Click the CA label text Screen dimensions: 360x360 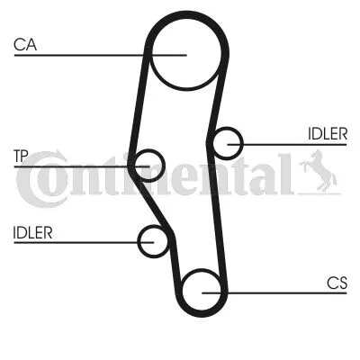click(25, 45)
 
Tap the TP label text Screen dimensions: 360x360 click(21, 157)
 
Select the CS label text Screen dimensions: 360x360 click(337, 283)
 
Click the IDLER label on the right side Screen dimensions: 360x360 click(328, 134)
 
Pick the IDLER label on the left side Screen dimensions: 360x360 click(32, 232)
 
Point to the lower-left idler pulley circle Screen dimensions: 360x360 click(138, 241)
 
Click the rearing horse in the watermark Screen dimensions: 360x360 click(318, 171)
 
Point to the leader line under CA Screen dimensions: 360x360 click(100, 55)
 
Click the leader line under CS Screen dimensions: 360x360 click(274, 292)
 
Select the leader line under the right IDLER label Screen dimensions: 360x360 click(287, 145)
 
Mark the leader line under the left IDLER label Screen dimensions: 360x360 click(84, 242)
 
